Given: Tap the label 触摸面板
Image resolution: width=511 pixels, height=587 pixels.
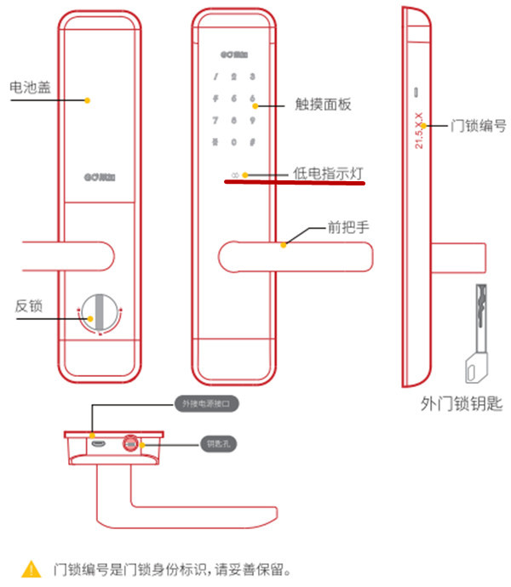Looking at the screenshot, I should [x=322, y=105].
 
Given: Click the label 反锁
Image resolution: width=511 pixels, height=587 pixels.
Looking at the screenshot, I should [x=29, y=305].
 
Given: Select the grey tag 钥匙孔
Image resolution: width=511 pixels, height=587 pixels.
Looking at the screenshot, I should [x=212, y=443].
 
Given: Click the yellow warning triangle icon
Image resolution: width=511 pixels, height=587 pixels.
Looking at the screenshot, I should [x=32, y=567].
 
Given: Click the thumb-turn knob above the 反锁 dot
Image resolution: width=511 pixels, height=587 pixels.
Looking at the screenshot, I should [x=100, y=312].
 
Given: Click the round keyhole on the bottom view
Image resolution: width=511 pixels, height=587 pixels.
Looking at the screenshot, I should [x=131, y=443].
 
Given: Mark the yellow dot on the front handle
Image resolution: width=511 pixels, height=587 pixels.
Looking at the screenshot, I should [x=284, y=244].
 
